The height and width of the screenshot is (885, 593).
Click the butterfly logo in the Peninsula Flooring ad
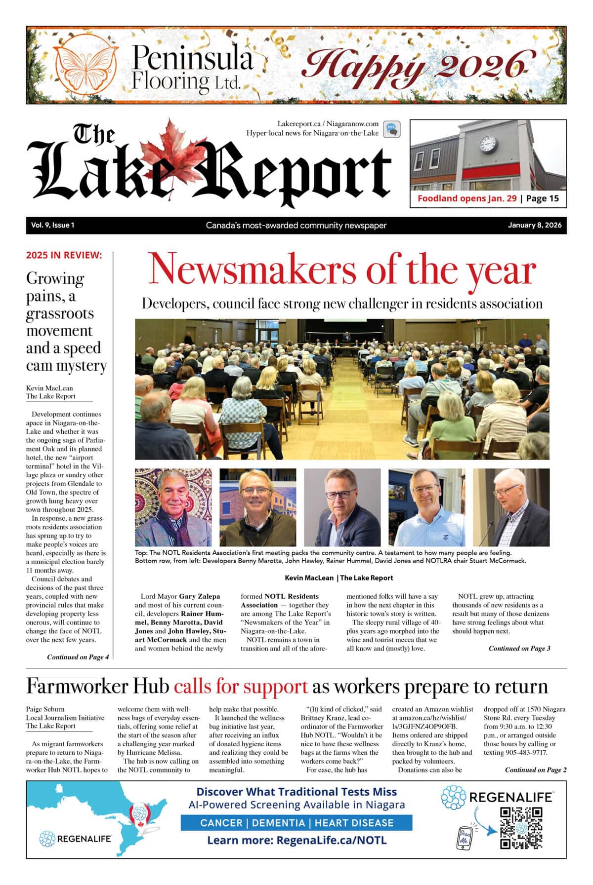(86, 65)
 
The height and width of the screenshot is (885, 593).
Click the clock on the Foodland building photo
(487, 144)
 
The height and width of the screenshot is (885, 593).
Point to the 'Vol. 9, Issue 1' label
(52, 225)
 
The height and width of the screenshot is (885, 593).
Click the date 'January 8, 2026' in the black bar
(534, 225)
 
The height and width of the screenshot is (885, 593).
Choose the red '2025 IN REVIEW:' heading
(64, 255)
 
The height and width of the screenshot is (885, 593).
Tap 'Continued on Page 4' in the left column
(78, 657)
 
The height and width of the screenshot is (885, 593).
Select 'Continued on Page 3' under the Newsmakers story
(519, 648)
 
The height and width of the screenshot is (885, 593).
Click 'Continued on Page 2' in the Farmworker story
(535, 770)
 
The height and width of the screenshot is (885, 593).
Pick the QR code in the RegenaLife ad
(521, 827)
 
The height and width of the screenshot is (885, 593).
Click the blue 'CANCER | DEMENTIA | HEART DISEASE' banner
(296, 823)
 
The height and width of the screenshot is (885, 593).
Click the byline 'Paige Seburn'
(45, 709)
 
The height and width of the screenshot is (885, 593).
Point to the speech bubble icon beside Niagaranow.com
(391, 130)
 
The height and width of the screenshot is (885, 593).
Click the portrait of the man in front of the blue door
(426, 507)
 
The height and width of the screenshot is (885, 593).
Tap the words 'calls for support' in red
(241, 687)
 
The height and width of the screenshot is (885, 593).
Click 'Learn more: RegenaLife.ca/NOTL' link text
(296, 840)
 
